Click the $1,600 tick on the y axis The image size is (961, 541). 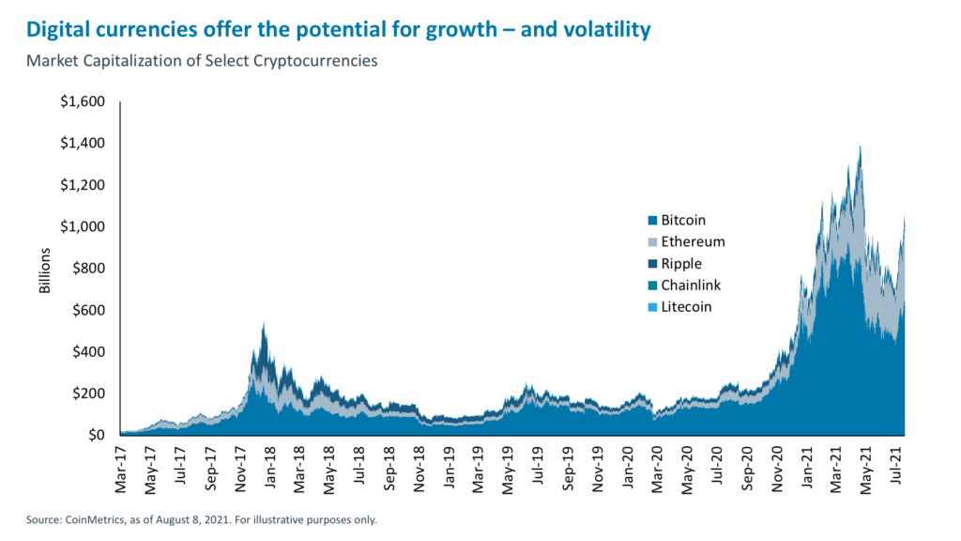(x=84, y=101)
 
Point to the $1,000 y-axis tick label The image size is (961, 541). (x=84, y=226)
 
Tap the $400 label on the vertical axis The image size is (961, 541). (x=88, y=352)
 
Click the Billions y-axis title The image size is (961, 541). (x=45, y=271)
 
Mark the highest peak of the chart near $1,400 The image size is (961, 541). (x=860, y=147)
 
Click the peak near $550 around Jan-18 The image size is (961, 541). (x=264, y=322)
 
